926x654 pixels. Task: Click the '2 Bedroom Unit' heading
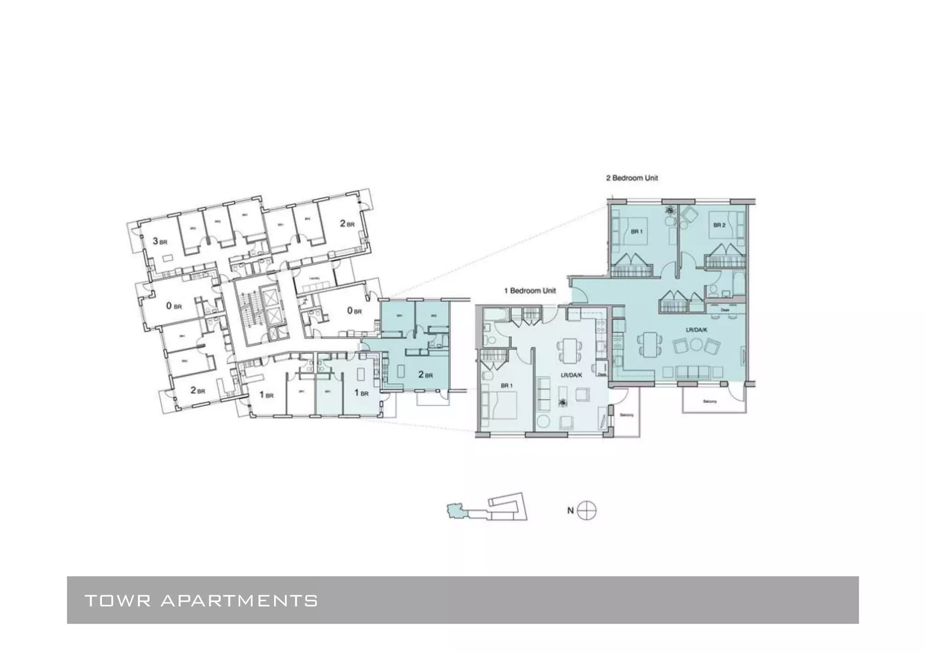tap(632, 178)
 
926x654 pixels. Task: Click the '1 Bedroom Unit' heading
tap(530, 291)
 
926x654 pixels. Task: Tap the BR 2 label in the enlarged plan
tap(719, 225)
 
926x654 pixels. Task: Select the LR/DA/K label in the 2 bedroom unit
tap(696, 330)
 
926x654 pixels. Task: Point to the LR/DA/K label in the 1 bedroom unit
tap(572, 375)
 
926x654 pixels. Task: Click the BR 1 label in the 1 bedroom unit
tap(506, 386)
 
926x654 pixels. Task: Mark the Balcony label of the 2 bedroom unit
tap(709, 401)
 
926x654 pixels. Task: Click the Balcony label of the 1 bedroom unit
tap(626, 415)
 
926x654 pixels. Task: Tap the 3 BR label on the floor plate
tap(160, 241)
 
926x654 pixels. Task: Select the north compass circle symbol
tap(587, 510)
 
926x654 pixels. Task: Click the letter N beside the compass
tap(571, 510)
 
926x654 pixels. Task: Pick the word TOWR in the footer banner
tap(118, 601)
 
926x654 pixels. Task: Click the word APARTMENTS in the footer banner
tap(239, 601)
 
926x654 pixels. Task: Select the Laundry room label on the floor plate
tap(315, 279)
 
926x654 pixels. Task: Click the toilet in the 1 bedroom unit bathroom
tap(487, 339)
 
